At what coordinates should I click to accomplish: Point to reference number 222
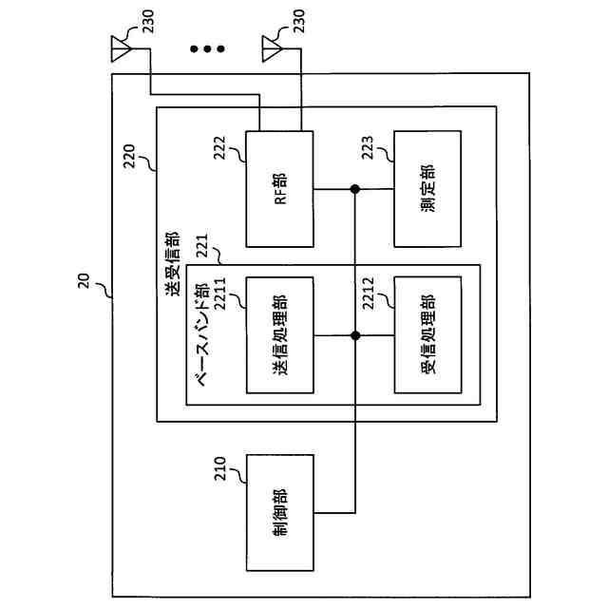(x=219, y=147)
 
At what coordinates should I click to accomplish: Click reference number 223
(x=367, y=147)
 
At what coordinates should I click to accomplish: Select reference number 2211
(x=219, y=294)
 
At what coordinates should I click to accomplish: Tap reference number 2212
(x=368, y=294)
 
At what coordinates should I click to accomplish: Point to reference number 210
(x=219, y=468)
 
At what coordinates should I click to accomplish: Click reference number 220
(x=129, y=156)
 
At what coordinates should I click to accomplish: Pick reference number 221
(x=201, y=245)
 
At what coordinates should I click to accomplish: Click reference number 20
(x=84, y=281)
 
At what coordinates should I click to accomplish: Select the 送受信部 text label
(x=173, y=264)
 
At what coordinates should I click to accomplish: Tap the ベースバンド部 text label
(x=201, y=334)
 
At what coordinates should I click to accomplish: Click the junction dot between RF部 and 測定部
(x=354, y=189)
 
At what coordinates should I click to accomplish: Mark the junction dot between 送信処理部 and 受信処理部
(x=355, y=335)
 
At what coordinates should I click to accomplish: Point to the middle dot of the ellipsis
(x=207, y=48)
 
